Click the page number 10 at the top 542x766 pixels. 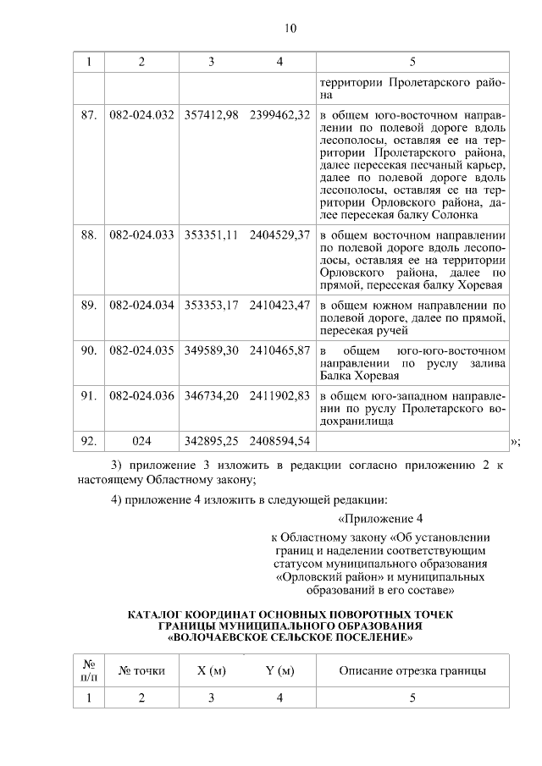(290, 28)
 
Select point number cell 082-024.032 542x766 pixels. (141, 114)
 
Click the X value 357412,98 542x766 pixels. (211, 114)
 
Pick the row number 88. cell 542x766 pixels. (89, 234)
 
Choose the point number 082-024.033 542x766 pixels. (141, 234)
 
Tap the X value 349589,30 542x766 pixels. (211, 350)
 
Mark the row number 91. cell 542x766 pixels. (89, 395)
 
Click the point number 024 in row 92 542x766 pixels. (141, 441)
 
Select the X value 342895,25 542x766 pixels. (211, 441)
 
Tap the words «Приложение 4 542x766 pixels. (379, 519)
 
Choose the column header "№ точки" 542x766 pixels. (141, 671)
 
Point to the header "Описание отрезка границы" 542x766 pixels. (412, 671)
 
